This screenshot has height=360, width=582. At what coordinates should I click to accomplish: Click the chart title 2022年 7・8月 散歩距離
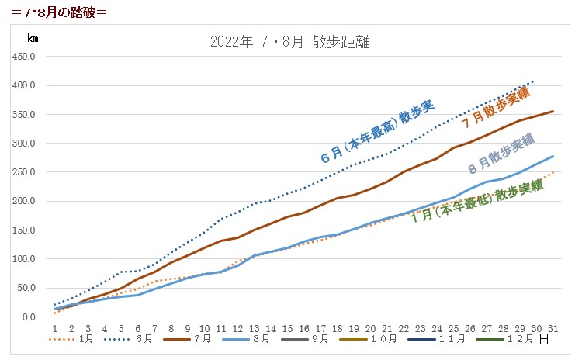click(289, 42)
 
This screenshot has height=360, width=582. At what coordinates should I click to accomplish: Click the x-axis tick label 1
click(54, 328)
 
